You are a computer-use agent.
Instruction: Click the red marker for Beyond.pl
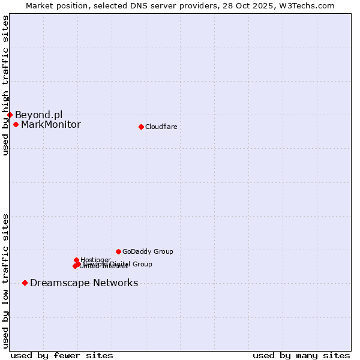10,115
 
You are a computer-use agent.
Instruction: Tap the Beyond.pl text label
38,115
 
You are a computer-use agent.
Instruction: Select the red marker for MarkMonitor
16,125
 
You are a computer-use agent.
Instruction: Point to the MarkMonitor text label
50,125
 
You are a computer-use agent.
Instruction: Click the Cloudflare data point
141,127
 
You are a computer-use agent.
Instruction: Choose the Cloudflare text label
161,127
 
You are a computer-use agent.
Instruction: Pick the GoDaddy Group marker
118,251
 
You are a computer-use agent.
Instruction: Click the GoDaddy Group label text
148,252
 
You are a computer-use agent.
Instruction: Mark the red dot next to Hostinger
76,260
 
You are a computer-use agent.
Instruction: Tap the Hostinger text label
95,260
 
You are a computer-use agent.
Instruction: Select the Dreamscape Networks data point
25,283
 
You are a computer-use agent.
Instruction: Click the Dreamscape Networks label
84,283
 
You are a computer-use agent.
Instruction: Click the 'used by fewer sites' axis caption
61,355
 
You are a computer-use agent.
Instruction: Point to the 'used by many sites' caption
301,355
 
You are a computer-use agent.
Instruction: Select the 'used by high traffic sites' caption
5,86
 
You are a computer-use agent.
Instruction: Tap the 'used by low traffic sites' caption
5,281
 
